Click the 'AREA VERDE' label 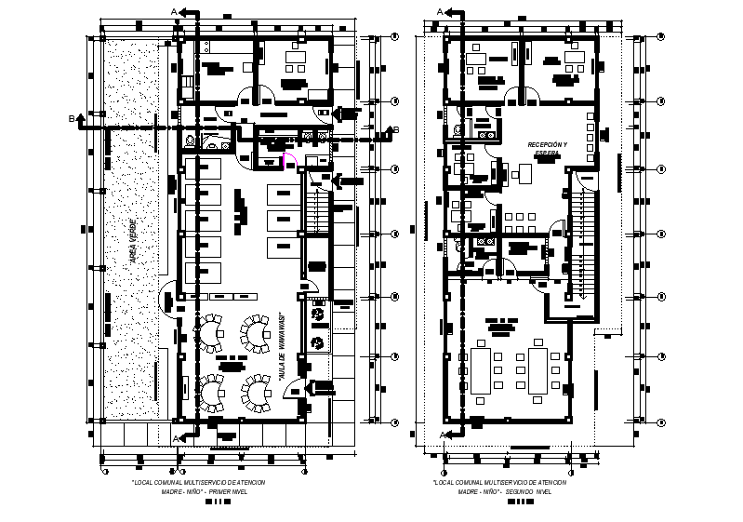[x=134, y=242]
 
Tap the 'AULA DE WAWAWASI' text [x=281, y=346]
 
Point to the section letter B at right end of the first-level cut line [x=395, y=128]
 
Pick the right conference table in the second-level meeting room [x=539, y=369]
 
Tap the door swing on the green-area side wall [x=169, y=291]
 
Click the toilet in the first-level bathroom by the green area [x=190, y=142]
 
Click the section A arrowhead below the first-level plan [x=186, y=436]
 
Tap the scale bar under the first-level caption [x=216, y=502]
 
